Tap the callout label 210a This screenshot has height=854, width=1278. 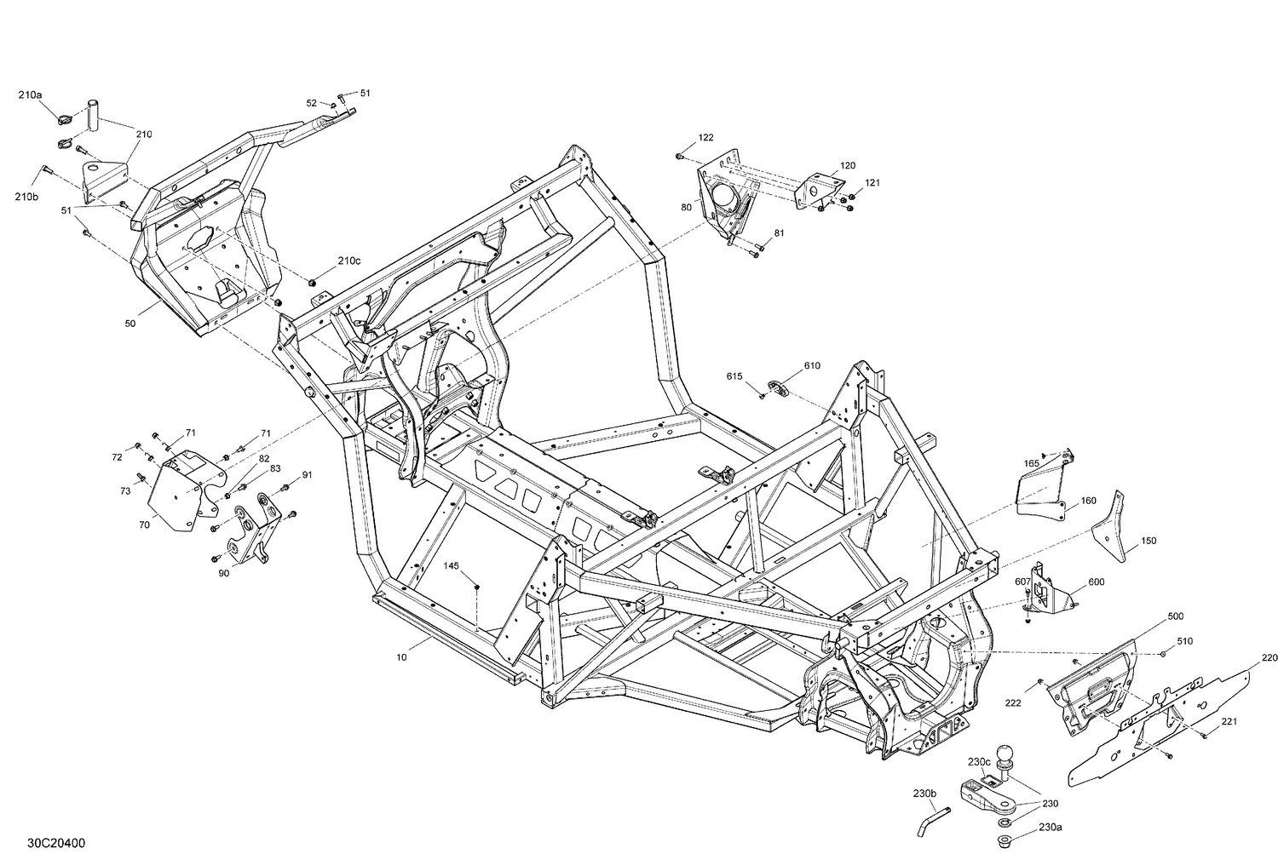[29, 95]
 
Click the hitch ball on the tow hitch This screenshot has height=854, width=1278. [1006, 756]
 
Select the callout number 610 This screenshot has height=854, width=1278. [812, 365]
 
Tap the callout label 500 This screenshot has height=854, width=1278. [1175, 616]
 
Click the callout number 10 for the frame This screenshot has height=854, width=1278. [401, 657]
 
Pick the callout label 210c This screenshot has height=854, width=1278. [349, 261]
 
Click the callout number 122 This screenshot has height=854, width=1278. [705, 137]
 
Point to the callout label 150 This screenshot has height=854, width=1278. [1148, 540]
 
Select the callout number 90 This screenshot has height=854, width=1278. [224, 573]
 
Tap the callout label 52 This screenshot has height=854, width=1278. [312, 103]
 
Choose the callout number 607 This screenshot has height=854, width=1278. [1022, 582]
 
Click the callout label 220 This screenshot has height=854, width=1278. [1269, 657]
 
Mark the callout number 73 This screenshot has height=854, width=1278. [125, 490]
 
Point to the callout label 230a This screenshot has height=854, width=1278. [1050, 826]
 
